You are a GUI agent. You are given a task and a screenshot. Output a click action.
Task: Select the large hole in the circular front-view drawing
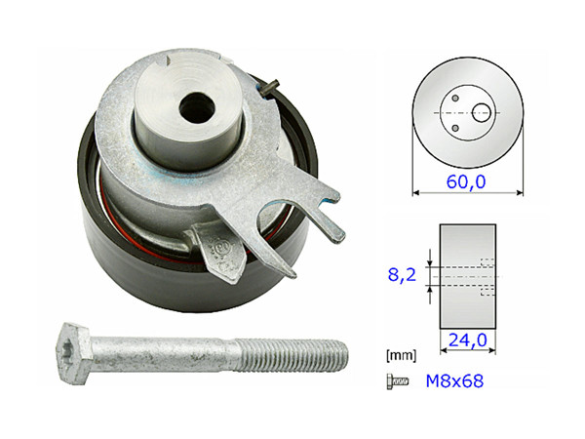pos(483,111)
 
